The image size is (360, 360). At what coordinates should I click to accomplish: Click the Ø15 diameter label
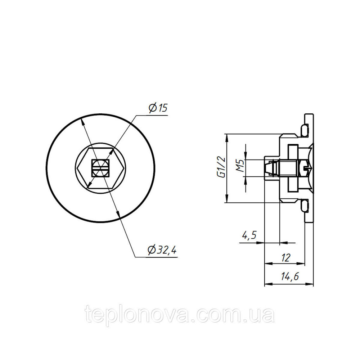tap(158, 108)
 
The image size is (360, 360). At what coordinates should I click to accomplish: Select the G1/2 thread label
tap(221, 167)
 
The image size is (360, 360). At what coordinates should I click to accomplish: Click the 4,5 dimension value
tap(249, 235)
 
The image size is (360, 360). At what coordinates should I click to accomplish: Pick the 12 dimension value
tap(285, 258)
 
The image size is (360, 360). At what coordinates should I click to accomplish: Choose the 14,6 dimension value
tap(290, 276)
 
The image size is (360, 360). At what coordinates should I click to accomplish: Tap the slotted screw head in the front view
tap(100, 168)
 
